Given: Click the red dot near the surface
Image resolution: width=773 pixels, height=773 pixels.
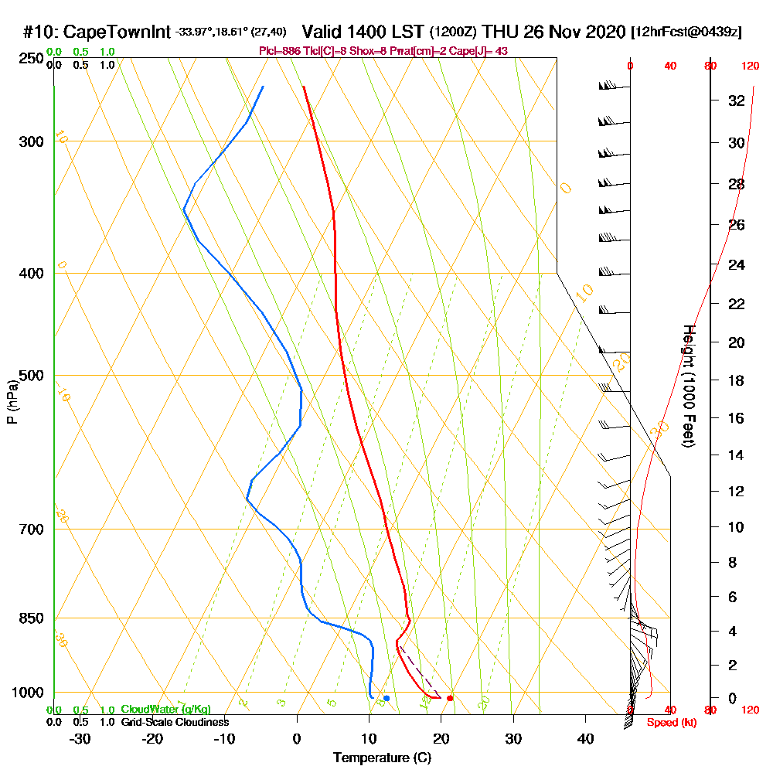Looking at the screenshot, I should coord(450,698).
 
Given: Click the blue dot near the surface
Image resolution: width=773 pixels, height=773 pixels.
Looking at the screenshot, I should coord(386,698).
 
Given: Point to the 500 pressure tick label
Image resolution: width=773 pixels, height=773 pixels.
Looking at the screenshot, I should coord(28,376).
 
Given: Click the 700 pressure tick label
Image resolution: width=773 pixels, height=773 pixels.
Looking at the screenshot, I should coord(28,530).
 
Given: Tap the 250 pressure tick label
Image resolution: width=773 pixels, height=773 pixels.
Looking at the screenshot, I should coord(28,58).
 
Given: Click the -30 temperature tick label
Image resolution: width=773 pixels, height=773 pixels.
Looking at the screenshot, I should coord(80,738).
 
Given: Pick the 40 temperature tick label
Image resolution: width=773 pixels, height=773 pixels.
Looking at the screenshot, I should coord(585,738).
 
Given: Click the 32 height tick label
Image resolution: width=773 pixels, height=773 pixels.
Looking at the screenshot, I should coord(736,100).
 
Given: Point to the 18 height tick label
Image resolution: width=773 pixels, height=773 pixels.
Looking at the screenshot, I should coord(736,380).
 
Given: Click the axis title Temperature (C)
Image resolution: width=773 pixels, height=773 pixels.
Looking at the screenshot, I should coord(382,758).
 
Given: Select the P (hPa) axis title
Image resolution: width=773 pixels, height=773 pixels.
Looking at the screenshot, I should coord(12,401).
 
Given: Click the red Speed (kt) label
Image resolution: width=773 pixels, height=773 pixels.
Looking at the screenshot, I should coord(669,722).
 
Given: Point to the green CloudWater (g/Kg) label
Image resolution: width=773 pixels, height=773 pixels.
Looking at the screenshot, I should coord(165,710).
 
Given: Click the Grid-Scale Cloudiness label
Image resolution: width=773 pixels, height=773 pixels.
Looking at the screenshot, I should coord(175,722).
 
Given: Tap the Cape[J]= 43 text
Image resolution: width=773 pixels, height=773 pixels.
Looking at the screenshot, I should coord(485,51).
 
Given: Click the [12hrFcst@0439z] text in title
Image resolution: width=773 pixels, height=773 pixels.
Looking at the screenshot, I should coord(686,32).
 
